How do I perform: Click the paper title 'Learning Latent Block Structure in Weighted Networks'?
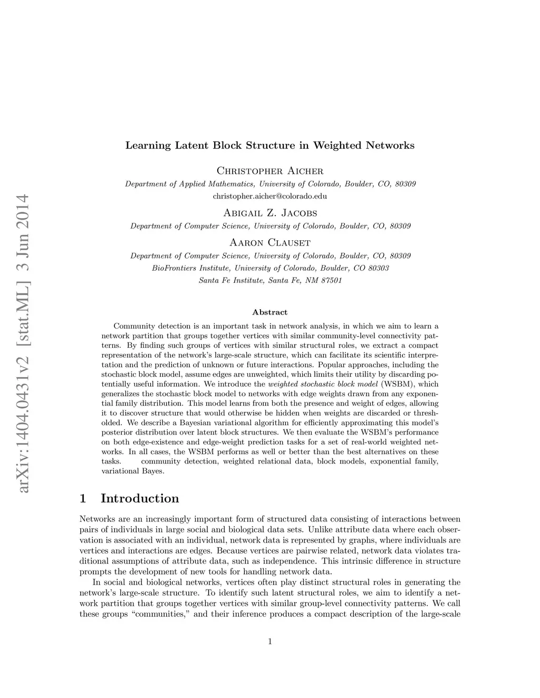pyautogui.click(x=269, y=145)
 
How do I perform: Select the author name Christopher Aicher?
pyautogui.click(x=270, y=171)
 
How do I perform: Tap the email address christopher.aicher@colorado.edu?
pyautogui.click(x=270, y=196)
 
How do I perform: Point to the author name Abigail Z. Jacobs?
pyautogui.click(x=270, y=213)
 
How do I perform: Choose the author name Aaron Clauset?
pyautogui.click(x=270, y=242)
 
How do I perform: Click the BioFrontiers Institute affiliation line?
pyautogui.click(x=270, y=268)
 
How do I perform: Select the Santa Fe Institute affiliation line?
pyautogui.click(x=270, y=281)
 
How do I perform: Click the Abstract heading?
pyautogui.click(x=270, y=312)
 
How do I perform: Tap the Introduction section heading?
pyautogui.click(x=140, y=498)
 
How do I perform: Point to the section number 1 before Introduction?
pyautogui.click(x=83, y=498)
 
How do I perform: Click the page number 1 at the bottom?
pyautogui.click(x=270, y=642)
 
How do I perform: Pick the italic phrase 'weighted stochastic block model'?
pyautogui.click(x=323, y=384)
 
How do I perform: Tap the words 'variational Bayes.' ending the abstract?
pyautogui.click(x=133, y=471)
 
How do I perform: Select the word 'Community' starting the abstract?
pyautogui.click(x=132, y=326)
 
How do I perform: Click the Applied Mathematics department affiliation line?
pyautogui.click(x=270, y=184)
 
